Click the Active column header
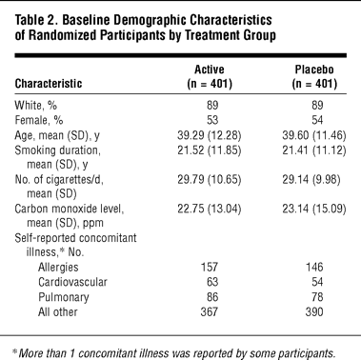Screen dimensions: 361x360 (x=210, y=76)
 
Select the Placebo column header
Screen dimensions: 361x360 (x=314, y=76)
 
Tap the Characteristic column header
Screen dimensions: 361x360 (x=49, y=84)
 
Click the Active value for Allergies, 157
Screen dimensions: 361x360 (x=210, y=267)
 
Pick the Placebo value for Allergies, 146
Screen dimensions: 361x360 (x=314, y=267)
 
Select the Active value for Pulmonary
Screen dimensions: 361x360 (x=212, y=297)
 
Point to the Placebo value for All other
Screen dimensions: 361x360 (x=314, y=311)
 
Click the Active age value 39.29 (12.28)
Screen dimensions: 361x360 (x=210, y=135)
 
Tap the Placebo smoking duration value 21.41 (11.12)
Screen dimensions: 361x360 (x=314, y=150)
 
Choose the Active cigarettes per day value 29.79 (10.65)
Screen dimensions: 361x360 (x=210, y=180)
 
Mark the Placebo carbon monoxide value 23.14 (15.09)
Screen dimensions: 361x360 (x=314, y=209)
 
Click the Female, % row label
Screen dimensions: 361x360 (x=39, y=120)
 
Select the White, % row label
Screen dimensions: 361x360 (x=36, y=105)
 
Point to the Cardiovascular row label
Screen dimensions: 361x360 (x=72, y=282)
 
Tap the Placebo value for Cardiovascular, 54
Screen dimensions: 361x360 (x=317, y=282)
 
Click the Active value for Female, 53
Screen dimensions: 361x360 (x=212, y=120)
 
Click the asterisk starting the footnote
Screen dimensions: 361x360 (x=14, y=351)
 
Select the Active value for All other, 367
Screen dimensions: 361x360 (x=210, y=311)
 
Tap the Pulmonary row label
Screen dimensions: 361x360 (x=64, y=297)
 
